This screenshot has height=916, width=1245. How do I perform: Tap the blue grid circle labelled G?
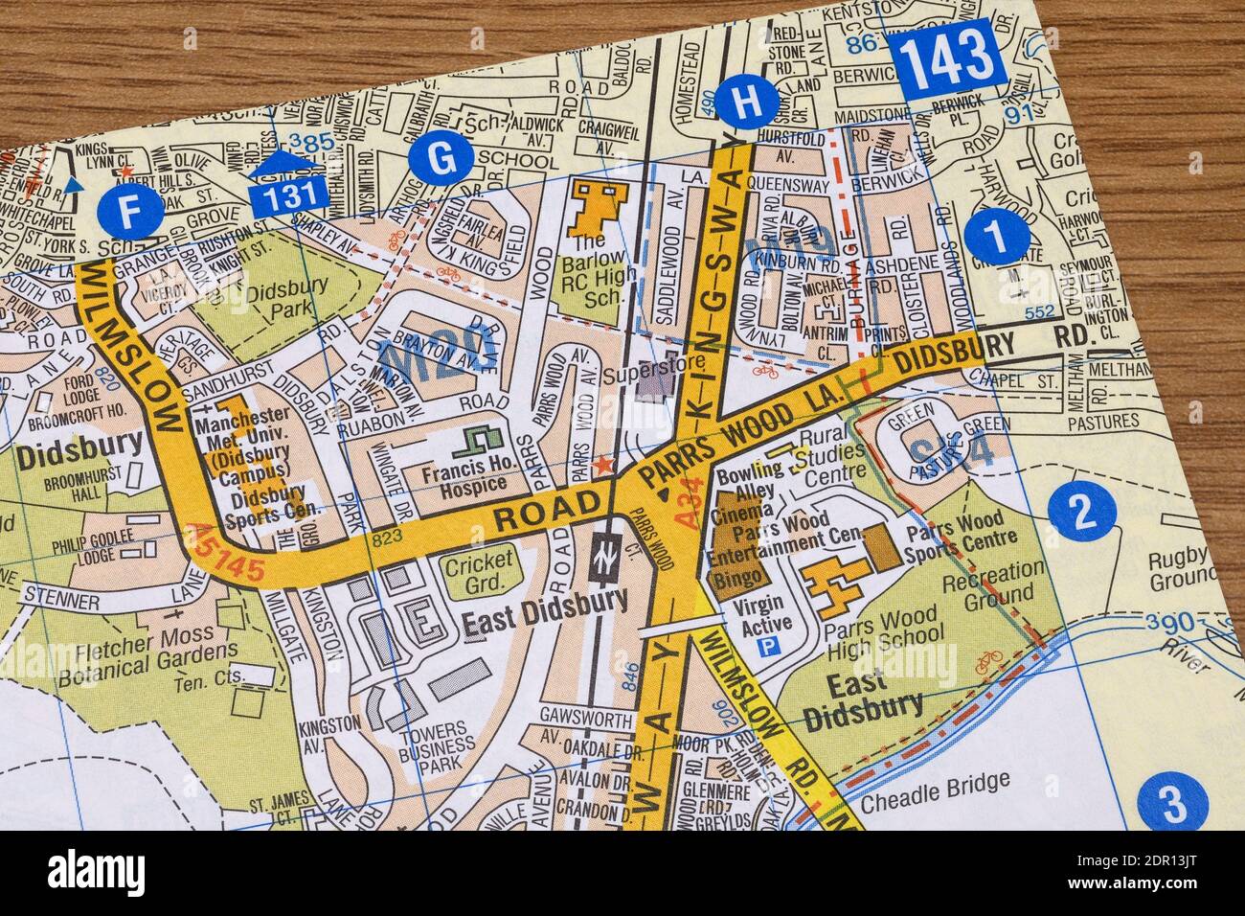pyautogui.click(x=441, y=159)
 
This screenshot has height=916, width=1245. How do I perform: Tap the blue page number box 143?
pyautogui.click(x=945, y=56)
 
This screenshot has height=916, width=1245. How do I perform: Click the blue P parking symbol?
pyautogui.click(x=767, y=649)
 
